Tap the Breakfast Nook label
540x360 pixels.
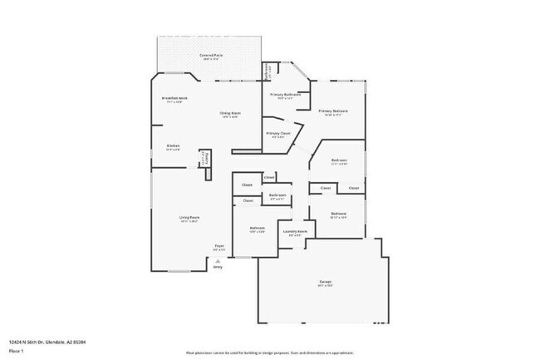pos(174,99)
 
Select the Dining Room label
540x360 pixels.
pos(230,113)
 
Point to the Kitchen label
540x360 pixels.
pos(173,145)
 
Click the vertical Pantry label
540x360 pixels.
pos(208,158)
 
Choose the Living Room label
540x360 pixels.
pos(189,218)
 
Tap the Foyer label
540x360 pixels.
pos(220,245)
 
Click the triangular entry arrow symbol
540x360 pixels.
pos(218,260)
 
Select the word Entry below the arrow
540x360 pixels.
pos(218,267)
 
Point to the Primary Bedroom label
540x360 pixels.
pos(333,111)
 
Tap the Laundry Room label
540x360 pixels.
pos(296,231)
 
